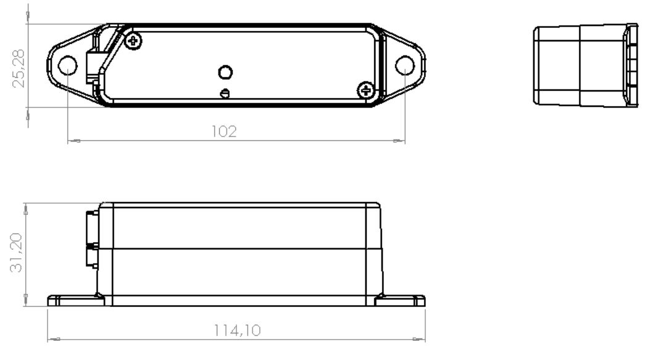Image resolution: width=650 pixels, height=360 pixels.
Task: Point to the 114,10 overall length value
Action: [x=237, y=330]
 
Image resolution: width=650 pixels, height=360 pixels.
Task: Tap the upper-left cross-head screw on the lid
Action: [x=133, y=41]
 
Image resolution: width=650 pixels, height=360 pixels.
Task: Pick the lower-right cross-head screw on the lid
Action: [x=366, y=91]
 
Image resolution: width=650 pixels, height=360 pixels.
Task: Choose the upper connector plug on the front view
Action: [x=91, y=227]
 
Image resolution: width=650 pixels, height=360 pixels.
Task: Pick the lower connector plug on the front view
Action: [x=91, y=256]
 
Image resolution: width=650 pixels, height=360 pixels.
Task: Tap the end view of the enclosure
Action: [x=583, y=65]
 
